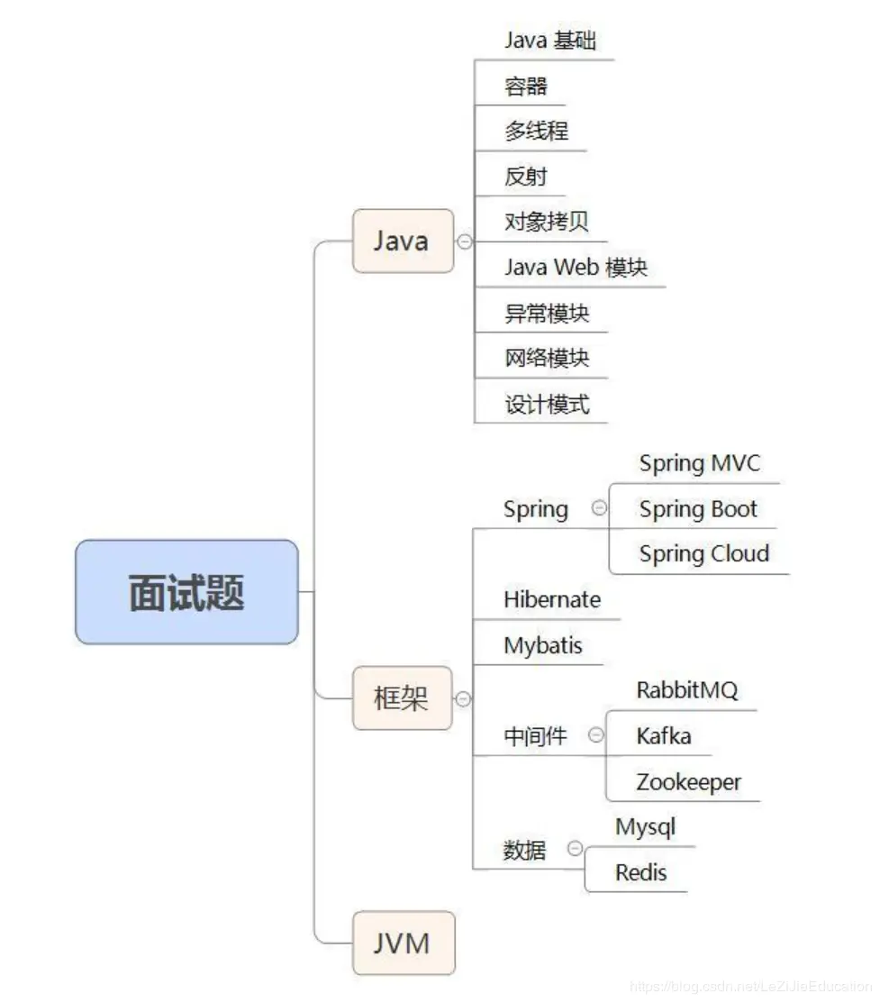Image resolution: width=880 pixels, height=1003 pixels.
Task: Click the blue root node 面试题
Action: point(186,592)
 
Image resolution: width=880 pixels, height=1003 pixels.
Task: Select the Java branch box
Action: point(402,241)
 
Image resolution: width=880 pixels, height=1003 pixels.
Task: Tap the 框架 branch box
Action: point(402,698)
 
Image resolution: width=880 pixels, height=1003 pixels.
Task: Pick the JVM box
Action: point(403,943)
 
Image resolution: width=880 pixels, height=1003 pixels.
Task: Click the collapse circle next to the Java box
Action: point(465,242)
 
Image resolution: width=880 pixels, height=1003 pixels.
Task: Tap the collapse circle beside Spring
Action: point(599,508)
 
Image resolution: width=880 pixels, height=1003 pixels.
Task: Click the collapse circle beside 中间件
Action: point(596,734)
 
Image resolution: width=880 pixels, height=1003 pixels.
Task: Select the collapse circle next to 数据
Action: point(575,849)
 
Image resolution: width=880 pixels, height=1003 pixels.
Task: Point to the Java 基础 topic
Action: point(549,41)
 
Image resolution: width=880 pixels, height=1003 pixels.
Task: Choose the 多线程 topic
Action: point(536,131)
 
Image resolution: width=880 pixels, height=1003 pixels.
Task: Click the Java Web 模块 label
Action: point(576,268)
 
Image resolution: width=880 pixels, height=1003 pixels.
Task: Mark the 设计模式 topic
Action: point(547,405)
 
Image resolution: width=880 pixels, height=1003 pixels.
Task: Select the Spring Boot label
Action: point(698,509)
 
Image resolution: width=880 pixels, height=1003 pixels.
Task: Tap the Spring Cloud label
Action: point(703,553)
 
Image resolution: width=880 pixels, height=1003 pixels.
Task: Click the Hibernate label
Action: point(551,599)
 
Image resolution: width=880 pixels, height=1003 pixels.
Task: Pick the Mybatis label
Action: point(542,645)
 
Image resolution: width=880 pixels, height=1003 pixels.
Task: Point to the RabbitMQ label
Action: point(686,690)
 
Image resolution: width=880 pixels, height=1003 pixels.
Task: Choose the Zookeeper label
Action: point(688,781)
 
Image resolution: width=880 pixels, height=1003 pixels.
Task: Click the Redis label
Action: point(640,871)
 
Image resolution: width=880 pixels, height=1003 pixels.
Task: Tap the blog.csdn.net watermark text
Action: point(751,986)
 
